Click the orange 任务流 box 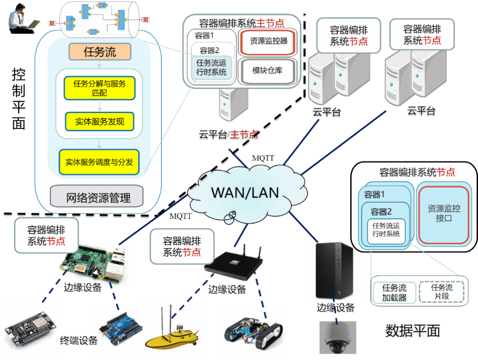pyautogui.click(x=100, y=52)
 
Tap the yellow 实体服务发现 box pyautogui.click(x=99, y=122)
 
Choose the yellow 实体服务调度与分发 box pyautogui.click(x=99, y=162)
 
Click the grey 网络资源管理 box pyautogui.click(x=98, y=198)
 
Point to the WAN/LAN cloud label pyautogui.click(x=244, y=192)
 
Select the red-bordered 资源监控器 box pyautogui.click(x=269, y=41)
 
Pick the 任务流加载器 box pyautogui.click(x=395, y=293)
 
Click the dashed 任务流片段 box pyautogui.click(x=442, y=292)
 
